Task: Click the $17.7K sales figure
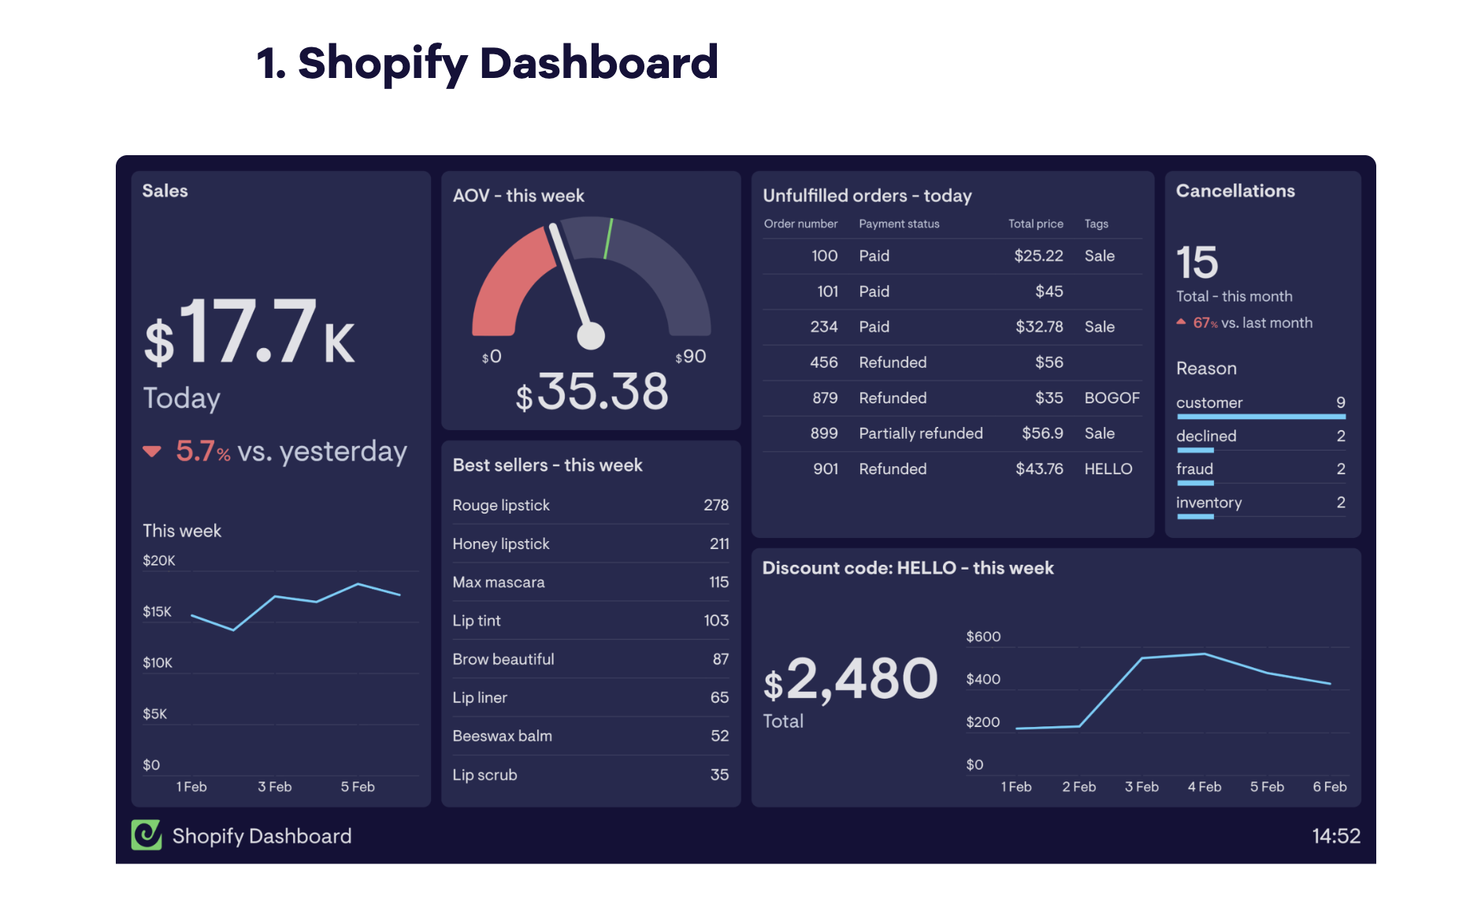[x=249, y=332]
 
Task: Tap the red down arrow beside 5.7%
[x=152, y=451]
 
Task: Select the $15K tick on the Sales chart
[x=157, y=611]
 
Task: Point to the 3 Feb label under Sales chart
[x=274, y=787]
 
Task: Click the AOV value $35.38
[x=592, y=391]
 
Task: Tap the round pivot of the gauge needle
[x=591, y=336]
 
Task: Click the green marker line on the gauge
[x=608, y=239]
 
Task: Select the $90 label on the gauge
[x=691, y=357]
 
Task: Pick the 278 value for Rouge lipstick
[x=715, y=505]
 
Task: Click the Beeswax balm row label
[x=502, y=736]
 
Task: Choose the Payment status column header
[x=899, y=224]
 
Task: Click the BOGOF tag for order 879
[x=1112, y=398]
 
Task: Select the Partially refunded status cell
[x=920, y=433]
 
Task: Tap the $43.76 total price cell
[x=1038, y=469]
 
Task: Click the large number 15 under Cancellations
[x=1197, y=262]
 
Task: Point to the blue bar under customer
[x=1260, y=416]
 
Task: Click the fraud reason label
[x=1194, y=469]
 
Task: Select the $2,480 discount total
[x=850, y=680]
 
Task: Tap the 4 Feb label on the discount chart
[x=1204, y=787]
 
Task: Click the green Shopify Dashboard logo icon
[x=147, y=835]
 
